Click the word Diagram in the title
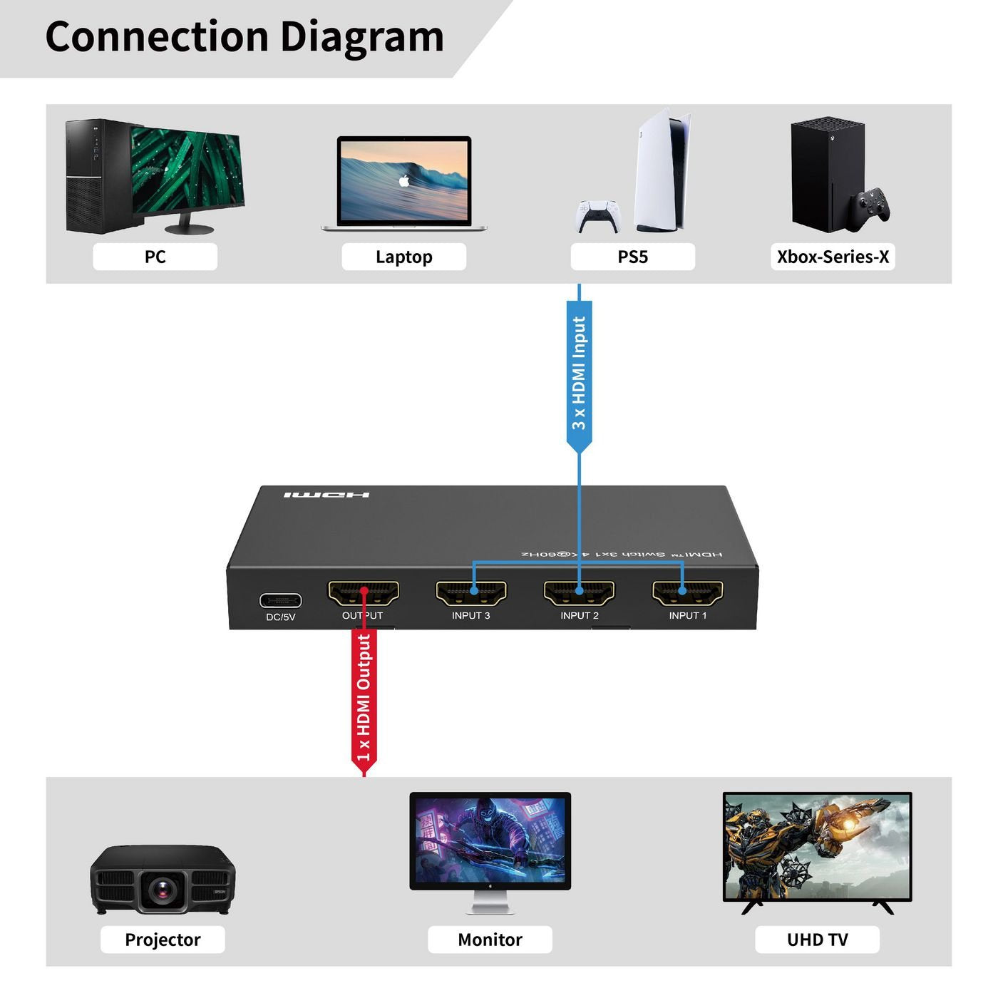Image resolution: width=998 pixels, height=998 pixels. [x=361, y=37]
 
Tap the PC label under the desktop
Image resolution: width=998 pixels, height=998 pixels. [x=155, y=257]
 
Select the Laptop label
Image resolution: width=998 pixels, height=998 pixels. [x=403, y=257]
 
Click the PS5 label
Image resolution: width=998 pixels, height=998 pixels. [x=632, y=257]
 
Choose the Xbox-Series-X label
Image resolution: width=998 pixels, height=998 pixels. [x=833, y=257]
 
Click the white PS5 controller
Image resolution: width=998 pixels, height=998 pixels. [x=598, y=216]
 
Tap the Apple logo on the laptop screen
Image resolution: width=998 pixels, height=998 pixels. [x=404, y=180]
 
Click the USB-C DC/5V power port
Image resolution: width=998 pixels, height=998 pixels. [x=280, y=601]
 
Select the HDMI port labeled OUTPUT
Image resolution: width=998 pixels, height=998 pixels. [x=363, y=593]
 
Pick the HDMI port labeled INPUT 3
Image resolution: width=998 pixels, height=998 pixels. [x=471, y=593]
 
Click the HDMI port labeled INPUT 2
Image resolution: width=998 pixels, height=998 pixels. [x=580, y=593]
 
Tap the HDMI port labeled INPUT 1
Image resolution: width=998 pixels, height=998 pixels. [x=688, y=593]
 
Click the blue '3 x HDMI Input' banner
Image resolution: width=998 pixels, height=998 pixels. [x=579, y=374]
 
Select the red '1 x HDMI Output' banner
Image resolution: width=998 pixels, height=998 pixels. [x=364, y=699]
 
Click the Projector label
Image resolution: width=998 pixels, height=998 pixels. [x=163, y=940]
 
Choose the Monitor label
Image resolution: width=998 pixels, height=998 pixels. [x=490, y=940]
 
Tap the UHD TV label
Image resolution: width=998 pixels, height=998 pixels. [x=817, y=940]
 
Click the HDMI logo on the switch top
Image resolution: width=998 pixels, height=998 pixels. [x=326, y=495]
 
